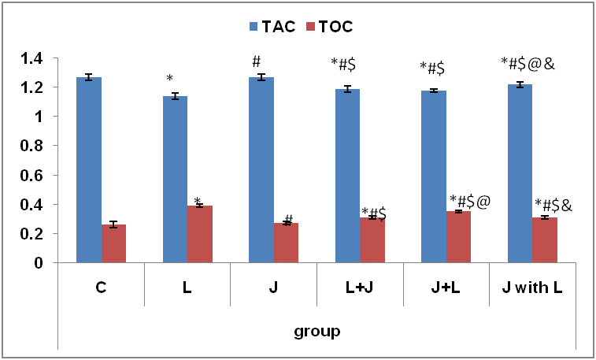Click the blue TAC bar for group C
tap(89, 169)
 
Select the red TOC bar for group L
tap(200, 234)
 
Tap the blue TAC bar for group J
tap(261, 169)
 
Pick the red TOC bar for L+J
tap(372, 239)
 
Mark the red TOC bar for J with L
tap(545, 239)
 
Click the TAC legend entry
tap(272, 27)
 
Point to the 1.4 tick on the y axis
tap(31, 58)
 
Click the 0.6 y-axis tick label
tap(31, 176)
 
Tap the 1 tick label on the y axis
tap(36, 117)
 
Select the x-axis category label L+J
tap(360, 288)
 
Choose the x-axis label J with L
tap(532, 288)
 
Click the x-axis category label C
tap(101, 288)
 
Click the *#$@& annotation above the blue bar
tap(528, 64)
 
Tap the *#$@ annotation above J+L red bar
tap(470, 201)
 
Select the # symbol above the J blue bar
tap(256, 61)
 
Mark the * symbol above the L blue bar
tap(169, 79)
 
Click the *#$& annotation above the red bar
tap(553, 206)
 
